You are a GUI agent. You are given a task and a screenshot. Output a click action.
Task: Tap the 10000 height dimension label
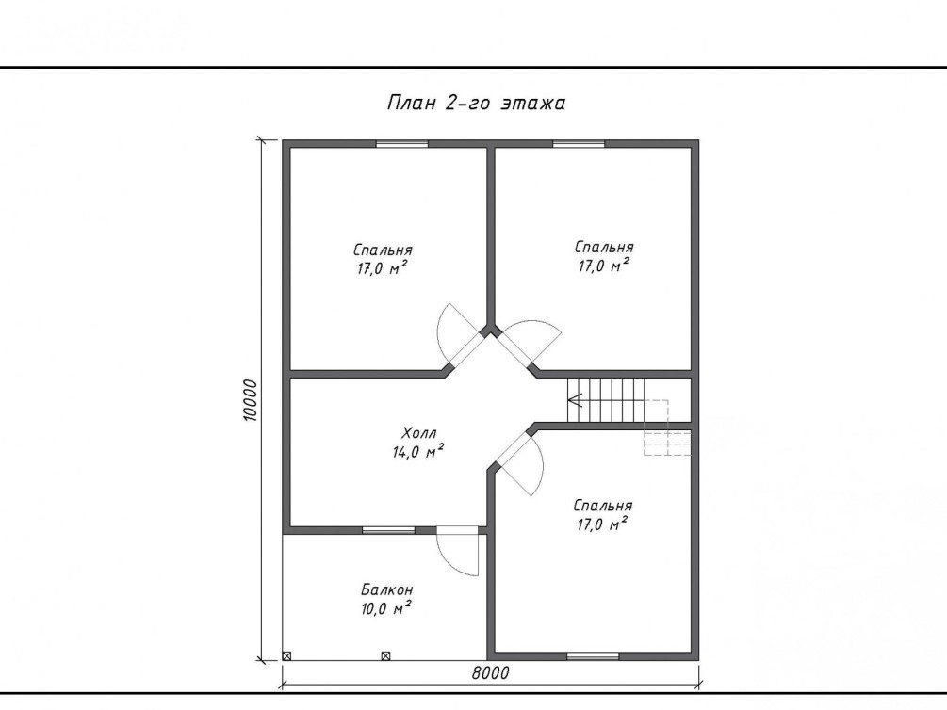pos(251,400)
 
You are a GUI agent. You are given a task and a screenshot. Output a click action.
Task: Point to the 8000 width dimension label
pos(490,672)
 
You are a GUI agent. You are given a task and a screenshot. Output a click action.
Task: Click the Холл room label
pos(418,433)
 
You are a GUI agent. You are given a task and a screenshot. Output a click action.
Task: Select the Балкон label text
pos(387,589)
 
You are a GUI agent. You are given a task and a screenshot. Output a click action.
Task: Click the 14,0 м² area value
pos(418,451)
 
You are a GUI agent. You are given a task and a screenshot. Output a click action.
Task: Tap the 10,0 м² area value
pos(386,608)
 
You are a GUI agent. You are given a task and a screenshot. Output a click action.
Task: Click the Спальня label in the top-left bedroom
pos(383,250)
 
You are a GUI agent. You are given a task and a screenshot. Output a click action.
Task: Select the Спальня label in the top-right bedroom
pos(604,247)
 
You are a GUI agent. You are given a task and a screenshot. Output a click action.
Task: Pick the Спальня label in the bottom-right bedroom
pos(603,506)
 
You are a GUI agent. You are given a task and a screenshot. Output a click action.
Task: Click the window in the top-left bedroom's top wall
pos(402,144)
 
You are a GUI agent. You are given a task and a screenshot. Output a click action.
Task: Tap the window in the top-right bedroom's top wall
pos(579,144)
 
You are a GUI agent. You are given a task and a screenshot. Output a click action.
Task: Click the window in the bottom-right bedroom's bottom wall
pos(593,656)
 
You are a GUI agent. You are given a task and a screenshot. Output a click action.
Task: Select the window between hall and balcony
pos(388,530)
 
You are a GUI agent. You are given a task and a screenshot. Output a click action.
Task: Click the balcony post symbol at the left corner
pos(286,655)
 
